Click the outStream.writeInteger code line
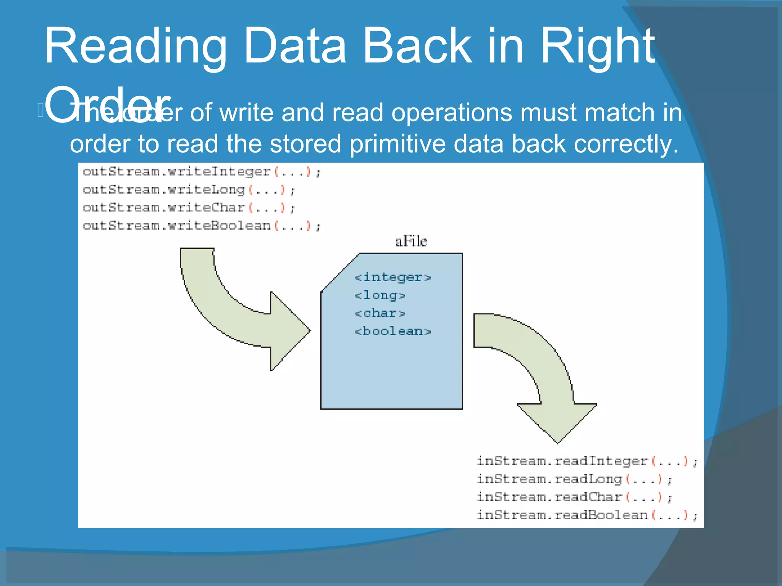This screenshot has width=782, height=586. click(x=202, y=172)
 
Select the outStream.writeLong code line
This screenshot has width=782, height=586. click(x=189, y=190)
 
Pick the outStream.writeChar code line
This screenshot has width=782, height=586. click(x=189, y=208)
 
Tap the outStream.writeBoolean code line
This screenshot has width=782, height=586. click(x=202, y=226)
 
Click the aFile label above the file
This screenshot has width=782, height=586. click(x=411, y=241)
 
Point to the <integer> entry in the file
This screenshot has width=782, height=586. click(x=393, y=277)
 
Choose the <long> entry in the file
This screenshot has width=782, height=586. click(x=380, y=295)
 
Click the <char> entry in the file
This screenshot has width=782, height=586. click(x=380, y=313)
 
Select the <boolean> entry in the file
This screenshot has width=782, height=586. click(x=393, y=331)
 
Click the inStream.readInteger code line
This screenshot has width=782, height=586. click(x=587, y=461)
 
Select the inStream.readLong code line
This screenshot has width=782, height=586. click(x=574, y=479)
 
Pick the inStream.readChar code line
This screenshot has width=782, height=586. click(x=574, y=497)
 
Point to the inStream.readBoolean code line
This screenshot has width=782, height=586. click(x=587, y=515)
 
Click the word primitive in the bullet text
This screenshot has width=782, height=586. click(x=397, y=144)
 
